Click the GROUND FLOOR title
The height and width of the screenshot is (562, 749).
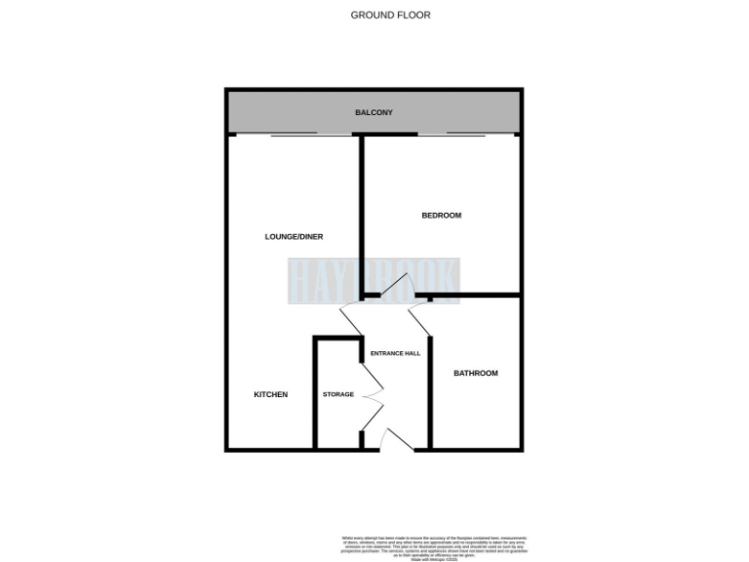[x=390, y=15]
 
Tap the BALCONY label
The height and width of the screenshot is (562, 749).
[x=374, y=113]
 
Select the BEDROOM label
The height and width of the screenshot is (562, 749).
[x=441, y=216]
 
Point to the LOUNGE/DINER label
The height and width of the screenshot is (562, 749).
[x=294, y=236]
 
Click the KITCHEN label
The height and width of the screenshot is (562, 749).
[x=270, y=394]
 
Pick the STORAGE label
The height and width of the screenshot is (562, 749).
[x=337, y=394]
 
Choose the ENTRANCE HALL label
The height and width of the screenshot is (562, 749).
[x=395, y=353]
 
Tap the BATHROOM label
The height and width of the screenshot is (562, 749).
[x=475, y=373]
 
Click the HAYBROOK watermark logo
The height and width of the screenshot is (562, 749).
[x=374, y=280]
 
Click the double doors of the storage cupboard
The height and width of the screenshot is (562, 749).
[x=372, y=395]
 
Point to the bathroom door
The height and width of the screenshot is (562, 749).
[x=419, y=318]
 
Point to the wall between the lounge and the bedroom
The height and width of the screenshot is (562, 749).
[x=362, y=215]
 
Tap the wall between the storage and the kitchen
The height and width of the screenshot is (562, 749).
[x=314, y=390]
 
